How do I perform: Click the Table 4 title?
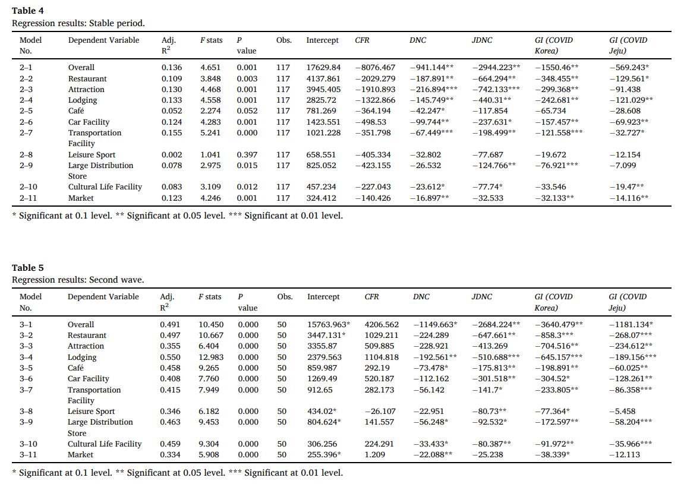27,11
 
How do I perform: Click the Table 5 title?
27,268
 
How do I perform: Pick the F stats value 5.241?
210,132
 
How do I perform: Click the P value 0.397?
247,154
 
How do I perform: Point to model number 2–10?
28,186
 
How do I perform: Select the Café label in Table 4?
76,111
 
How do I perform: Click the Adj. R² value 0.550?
170,357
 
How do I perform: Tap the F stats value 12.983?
211,357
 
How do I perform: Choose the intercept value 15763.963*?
329,325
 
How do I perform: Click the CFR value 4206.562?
382,325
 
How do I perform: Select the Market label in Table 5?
80,455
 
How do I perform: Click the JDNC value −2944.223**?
496,68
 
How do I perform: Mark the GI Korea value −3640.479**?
559,325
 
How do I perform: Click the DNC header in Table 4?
418,40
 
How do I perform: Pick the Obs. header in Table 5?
285,296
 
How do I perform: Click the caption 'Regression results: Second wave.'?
78,280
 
